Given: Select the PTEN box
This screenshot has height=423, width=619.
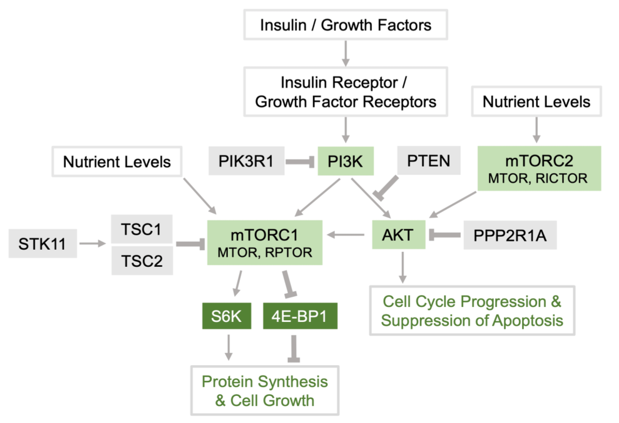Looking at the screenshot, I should [429, 161].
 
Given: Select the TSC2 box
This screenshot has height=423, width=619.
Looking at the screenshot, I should [142, 261].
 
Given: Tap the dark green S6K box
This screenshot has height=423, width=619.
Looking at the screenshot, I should [226, 316].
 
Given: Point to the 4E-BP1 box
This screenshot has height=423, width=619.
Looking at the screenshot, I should [300, 316].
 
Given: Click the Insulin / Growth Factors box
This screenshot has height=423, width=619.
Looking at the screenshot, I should [345, 25].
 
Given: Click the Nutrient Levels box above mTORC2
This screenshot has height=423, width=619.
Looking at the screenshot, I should [536, 101].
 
